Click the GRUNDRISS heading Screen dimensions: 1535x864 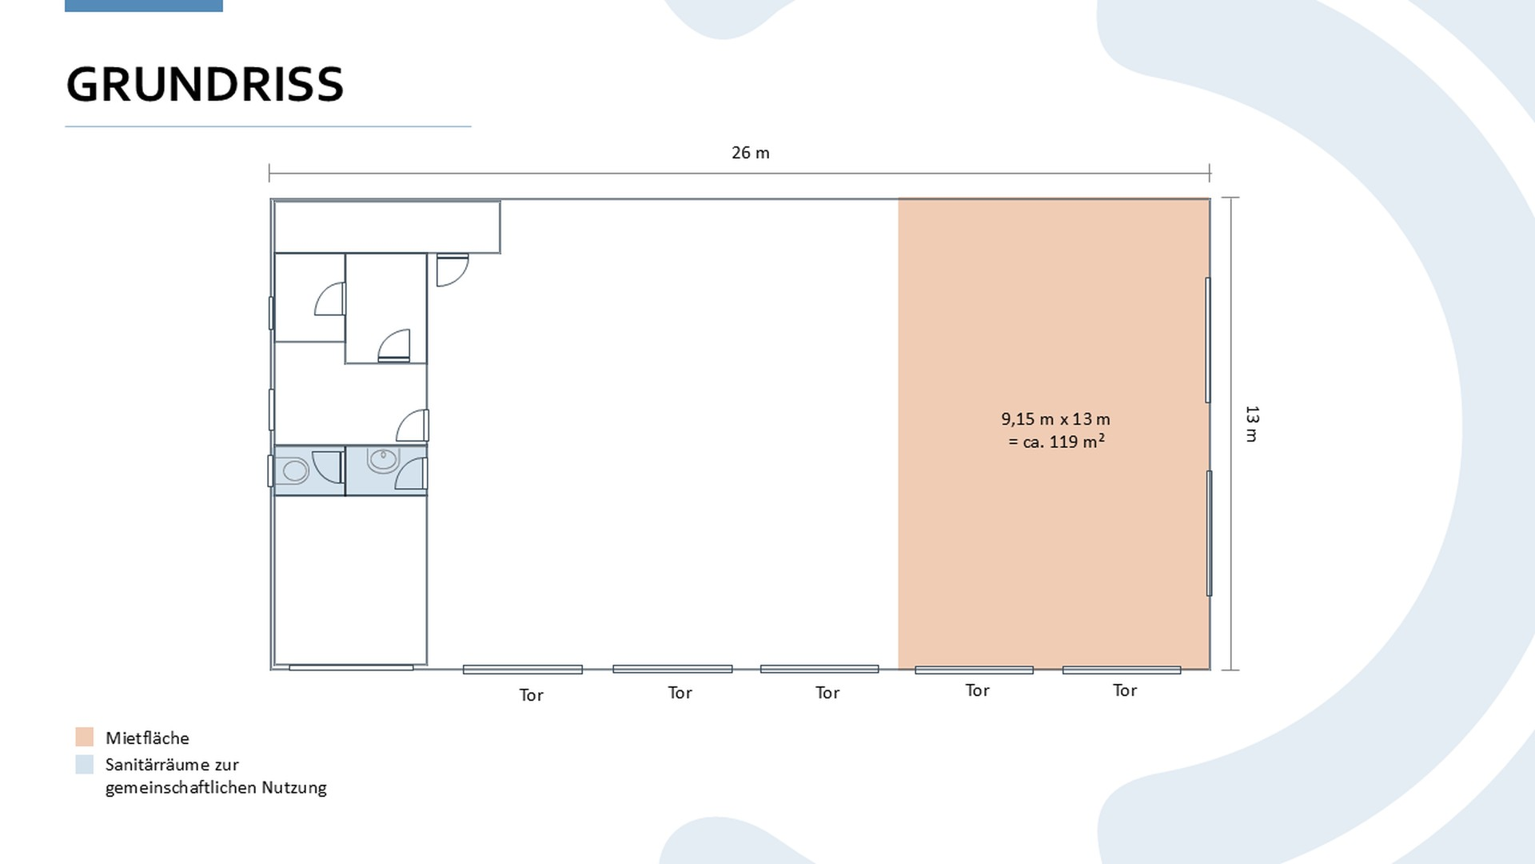pyautogui.click(x=205, y=84)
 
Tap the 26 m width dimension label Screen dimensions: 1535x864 pyautogui.click(x=750, y=153)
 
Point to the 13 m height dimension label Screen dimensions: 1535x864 pyautogui.click(x=1252, y=424)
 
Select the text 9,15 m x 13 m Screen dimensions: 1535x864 pyautogui.click(x=1055, y=419)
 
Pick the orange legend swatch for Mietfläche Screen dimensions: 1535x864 pyautogui.click(x=85, y=737)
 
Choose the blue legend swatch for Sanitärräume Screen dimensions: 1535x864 pyautogui.click(x=85, y=764)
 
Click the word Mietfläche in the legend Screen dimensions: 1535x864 pyautogui.click(x=147, y=738)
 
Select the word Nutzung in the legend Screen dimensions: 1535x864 pyautogui.click(x=294, y=788)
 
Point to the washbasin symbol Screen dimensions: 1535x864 pyautogui.click(x=384, y=460)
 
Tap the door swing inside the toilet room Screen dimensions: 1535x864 pyautogui.click(x=327, y=466)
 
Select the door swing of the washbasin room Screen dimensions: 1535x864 pyautogui.click(x=411, y=474)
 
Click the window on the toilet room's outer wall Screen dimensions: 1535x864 pyautogui.click(x=270, y=470)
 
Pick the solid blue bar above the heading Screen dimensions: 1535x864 pyautogui.click(x=144, y=6)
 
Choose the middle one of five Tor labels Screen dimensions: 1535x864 pyautogui.click(x=827, y=693)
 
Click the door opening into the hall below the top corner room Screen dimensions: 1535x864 pyautogui.click(x=452, y=270)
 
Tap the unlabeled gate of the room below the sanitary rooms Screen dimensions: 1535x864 pyautogui.click(x=351, y=667)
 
